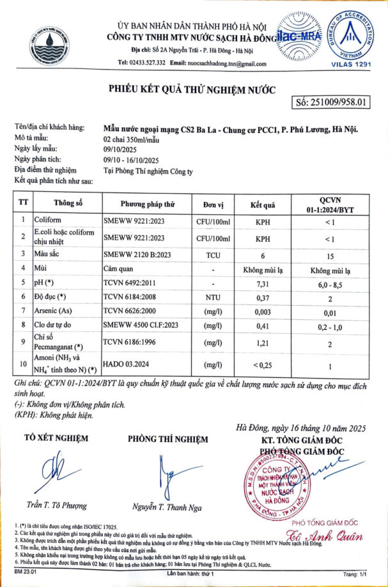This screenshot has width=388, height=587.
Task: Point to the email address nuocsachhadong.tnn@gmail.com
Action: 222,63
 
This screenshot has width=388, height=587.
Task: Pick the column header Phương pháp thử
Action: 148,205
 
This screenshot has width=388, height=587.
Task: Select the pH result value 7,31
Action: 263,283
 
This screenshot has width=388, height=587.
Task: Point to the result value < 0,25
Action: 263,365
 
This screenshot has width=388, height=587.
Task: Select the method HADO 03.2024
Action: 127,365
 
